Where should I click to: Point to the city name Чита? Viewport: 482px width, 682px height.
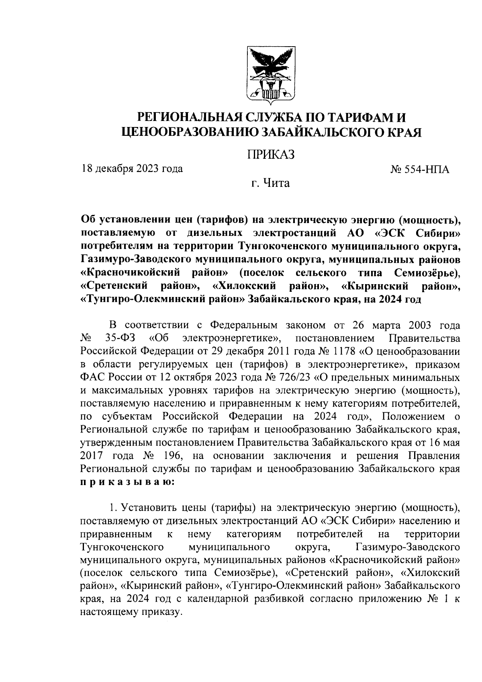[276, 184]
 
